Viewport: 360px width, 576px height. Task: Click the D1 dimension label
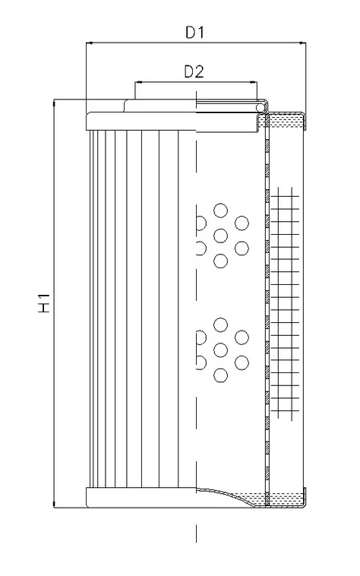(x=194, y=33)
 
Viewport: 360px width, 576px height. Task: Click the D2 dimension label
(x=194, y=71)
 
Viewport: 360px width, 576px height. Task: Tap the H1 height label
(x=44, y=302)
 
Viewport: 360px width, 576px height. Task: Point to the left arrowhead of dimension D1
(x=88, y=43)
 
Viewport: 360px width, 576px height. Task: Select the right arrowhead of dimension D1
(x=304, y=43)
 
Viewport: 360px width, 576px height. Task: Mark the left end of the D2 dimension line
(x=135, y=82)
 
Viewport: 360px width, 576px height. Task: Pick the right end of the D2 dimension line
(x=257, y=82)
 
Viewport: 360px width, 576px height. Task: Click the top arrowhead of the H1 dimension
(x=55, y=102)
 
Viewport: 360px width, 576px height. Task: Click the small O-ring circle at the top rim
(x=260, y=107)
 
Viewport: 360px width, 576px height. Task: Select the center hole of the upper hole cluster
(x=220, y=236)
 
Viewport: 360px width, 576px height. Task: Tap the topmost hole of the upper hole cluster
(x=220, y=210)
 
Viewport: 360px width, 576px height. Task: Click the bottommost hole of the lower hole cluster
(x=220, y=375)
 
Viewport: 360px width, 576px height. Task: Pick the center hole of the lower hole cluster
(x=220, y=350)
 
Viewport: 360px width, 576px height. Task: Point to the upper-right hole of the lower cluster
(x=242, y=337)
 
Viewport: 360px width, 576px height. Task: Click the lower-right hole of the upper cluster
(x=242, y=248)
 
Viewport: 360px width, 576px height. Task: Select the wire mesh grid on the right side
(x=285, y=303)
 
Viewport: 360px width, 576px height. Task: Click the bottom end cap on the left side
(x=141, y=498)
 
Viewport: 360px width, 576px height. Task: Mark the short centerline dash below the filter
(x=197, y=533)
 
